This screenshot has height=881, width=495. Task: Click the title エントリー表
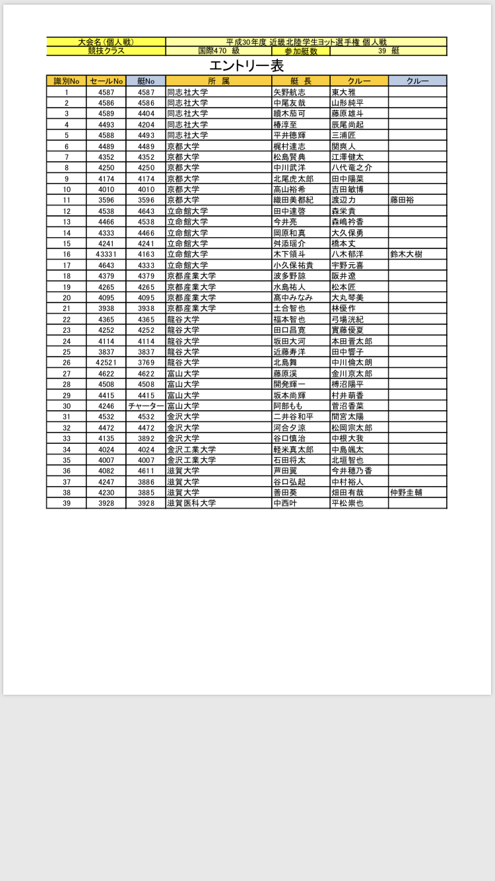pyautogui.click(x=246, y=66)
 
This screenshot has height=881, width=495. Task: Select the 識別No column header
pyautogui.click(x=66, y=81)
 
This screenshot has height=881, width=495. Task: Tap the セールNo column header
pyautogui.click(x=106, y=81)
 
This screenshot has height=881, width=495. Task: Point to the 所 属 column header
pyautogui.click(x=218, y=81)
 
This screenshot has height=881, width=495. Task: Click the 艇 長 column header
pyautogui.click(x=300, y=81)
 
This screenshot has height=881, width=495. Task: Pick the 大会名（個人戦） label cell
pyautogui.click(x=106, y=42)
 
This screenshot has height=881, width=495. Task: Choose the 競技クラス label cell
pyautogui.click(x=106, y=51)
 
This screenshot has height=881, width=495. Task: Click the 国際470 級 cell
pyautogui.click(x=218, y=51)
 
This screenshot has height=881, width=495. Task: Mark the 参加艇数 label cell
pyautogui.click(x=301, y=51)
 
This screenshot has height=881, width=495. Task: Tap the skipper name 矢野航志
pyautogui.click(x=290, y=92)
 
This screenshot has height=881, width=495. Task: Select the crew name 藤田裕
pyautogui.click(x=403, y=200)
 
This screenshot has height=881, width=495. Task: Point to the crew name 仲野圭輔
pyautogui.click(x=407, y=493)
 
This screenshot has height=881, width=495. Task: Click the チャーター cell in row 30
pyautogui.click(x=146, y=406)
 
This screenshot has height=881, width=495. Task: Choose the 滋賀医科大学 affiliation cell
pyautogui.click(x=191, y=503)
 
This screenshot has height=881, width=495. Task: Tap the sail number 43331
pyautogui.click(x=106, y=254)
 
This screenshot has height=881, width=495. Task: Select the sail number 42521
pyautogui.click(x=106, y=363)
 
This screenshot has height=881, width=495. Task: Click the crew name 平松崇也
pyautogui.click(x=347, y=503)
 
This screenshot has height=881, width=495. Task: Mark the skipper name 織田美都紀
pyautogui.click(x=294, y=200)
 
